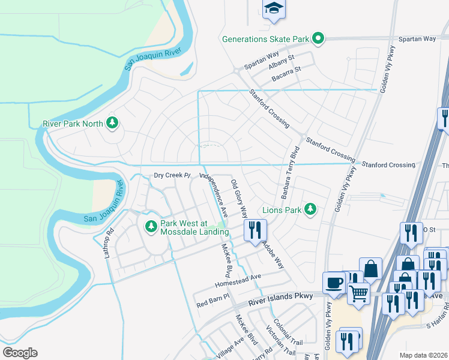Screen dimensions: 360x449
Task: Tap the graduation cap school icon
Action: point(274,8)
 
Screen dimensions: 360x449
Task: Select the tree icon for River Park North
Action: point(112,123)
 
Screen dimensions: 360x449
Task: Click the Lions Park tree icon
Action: point(310,209)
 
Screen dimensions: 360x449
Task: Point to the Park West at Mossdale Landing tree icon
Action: point(151,226)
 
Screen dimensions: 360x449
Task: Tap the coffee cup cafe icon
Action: point(334,282)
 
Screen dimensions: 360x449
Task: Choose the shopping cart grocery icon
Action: point(358,293)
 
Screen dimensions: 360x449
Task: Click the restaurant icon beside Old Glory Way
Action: point(255,229)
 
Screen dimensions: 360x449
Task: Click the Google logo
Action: point(20,353)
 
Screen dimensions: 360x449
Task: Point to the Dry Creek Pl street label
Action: point(172,176)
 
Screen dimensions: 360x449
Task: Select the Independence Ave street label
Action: point(214,194)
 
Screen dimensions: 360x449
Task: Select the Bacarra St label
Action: point(286,70)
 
